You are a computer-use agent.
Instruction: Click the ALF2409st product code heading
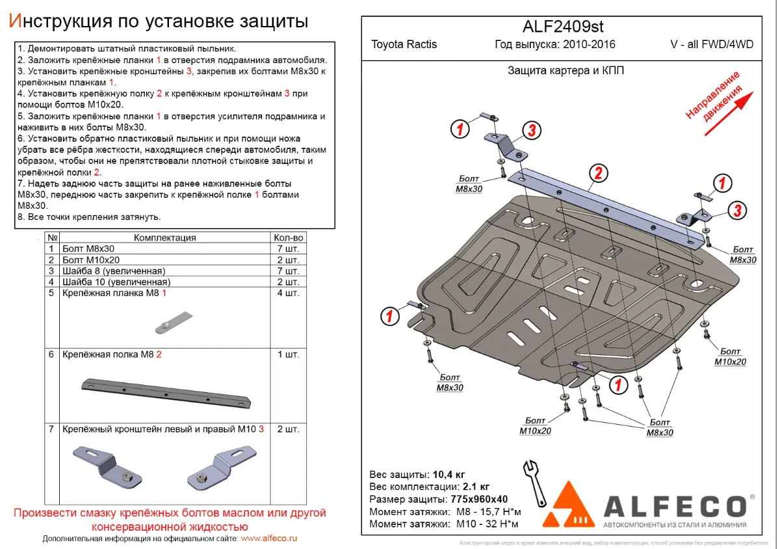coord(563,26)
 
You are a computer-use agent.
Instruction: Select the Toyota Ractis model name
coord(404,45)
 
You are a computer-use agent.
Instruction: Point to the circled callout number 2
coord(598,173)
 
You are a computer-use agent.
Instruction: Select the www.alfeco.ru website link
coord(268,539)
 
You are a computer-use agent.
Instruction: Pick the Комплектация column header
coord(164,238)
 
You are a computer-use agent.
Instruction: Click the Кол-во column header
coord(289,238)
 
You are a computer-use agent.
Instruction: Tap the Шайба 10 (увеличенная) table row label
coord(116,282)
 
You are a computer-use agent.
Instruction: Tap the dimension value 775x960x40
coord(480,499)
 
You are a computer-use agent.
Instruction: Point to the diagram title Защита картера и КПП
coord(565,71)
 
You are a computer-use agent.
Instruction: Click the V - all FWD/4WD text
coord(712,45)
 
